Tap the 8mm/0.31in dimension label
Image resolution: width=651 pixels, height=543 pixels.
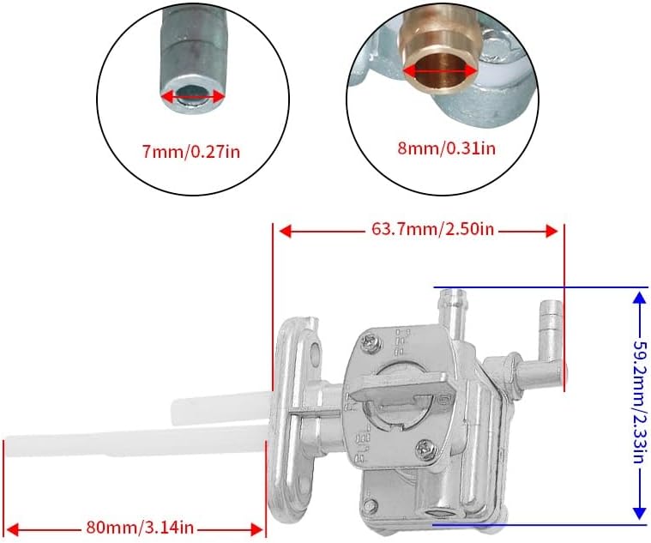[434, 148]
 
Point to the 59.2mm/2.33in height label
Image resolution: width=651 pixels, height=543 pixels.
[640, 404]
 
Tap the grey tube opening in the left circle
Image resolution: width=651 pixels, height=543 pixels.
[193, 96]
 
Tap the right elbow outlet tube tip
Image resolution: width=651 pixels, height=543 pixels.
[551, 315]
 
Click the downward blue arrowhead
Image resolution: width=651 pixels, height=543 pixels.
[638, 513]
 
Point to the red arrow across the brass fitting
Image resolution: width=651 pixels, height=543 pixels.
[440, 71]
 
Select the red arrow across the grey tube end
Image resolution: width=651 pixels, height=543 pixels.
[193, 98]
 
